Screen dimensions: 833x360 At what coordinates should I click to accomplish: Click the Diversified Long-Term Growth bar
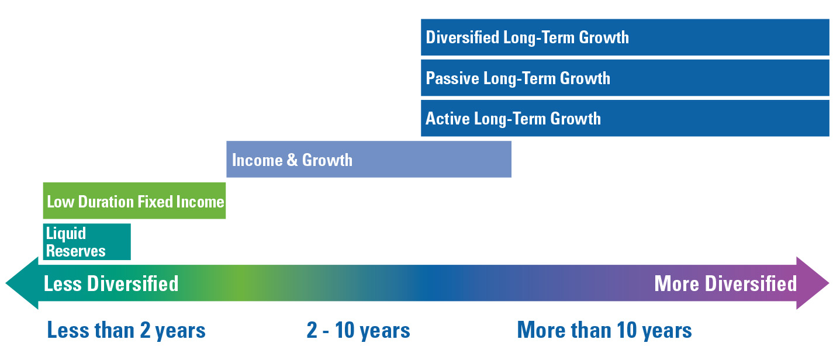(625, 37)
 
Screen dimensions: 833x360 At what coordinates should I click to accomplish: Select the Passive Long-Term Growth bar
(625, 78)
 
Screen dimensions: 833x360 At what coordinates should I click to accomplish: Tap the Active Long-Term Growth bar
(625, 118)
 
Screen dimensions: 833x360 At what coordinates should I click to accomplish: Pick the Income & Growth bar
(369, 159)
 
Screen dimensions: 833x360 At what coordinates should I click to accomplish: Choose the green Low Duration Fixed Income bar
(134, 200)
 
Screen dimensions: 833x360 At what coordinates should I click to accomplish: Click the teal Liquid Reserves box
(87, 242)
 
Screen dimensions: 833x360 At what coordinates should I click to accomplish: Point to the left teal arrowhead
(22, 283)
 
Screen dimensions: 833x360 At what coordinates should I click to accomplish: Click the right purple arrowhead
(813, 283)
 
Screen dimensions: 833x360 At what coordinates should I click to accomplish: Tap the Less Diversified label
(111, 284)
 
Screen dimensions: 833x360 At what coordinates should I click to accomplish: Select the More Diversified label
(725, 284)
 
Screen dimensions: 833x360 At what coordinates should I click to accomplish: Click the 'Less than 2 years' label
(126, 330)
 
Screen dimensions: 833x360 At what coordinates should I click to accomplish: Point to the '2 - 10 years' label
(358, 330)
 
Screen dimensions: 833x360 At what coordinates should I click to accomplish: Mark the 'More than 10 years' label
(604, 330)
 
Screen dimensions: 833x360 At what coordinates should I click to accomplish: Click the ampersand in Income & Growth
(292, 160)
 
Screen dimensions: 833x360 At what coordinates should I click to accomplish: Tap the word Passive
(452, 78)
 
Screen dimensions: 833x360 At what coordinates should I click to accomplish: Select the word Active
(448, 119)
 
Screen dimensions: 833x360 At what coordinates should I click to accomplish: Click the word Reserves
(76, 251)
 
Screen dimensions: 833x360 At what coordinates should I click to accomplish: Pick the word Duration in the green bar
(106, 202)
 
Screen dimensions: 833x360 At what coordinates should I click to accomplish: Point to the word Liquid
(66, 234)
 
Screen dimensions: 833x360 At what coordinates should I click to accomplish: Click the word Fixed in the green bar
(155, 202)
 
